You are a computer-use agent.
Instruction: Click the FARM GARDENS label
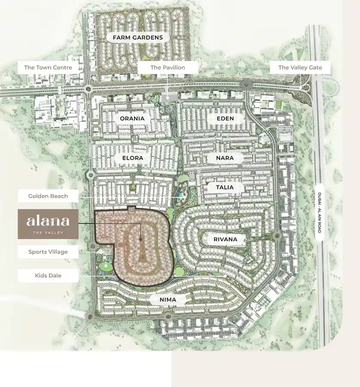[138, 37]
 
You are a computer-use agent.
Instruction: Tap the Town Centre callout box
[48, 67]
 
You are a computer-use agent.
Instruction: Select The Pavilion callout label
[168, 67]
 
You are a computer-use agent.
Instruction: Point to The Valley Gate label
[300, 67]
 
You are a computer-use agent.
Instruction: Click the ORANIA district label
[132, 118]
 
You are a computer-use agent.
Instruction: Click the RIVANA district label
[225, 239]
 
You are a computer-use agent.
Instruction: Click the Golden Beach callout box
[48, 196]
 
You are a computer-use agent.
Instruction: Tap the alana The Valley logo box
[48, 224]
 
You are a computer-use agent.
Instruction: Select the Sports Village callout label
[48, 252]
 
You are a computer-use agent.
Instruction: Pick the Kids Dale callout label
[48, 275]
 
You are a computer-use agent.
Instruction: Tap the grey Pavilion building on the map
[167, 98]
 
